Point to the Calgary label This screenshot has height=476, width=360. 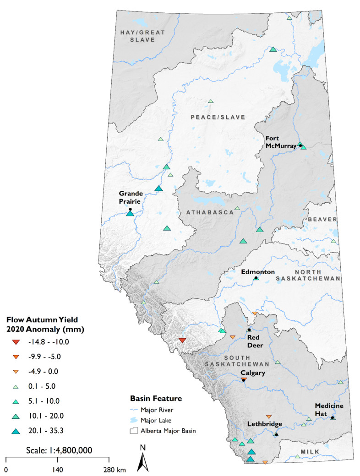pos(253,373)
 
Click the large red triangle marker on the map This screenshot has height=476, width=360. pos(182,340)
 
